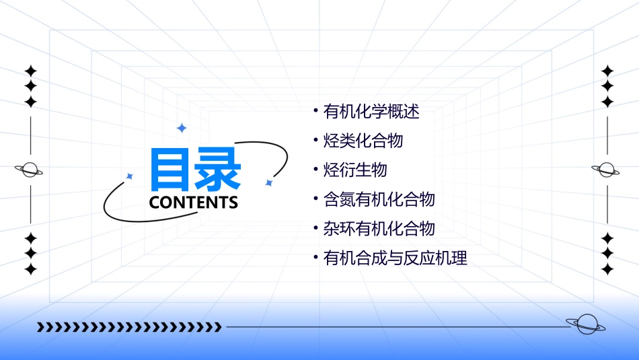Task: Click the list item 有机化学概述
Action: point(371,112)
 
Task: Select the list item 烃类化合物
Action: point(363,141)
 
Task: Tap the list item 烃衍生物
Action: point(355,170)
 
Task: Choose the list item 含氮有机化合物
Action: point(379,199)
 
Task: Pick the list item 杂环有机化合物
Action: point(379,228)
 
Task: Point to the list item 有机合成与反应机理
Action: point(396,258)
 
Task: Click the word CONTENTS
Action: point(194,203)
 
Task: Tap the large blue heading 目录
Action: point(195,170)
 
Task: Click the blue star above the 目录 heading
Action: point(181,127)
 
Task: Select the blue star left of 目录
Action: point(130,176)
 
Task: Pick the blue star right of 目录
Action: point(268,182)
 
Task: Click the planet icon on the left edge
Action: point(29,170)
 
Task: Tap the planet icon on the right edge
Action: point(606,170)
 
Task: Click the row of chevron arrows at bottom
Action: point(129,327)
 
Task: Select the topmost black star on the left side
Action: point(30,71)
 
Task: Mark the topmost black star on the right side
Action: point(607,71)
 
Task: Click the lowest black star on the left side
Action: point(30,269)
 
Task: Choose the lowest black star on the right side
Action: point(607,269)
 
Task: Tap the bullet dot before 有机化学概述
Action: point(316,108)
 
